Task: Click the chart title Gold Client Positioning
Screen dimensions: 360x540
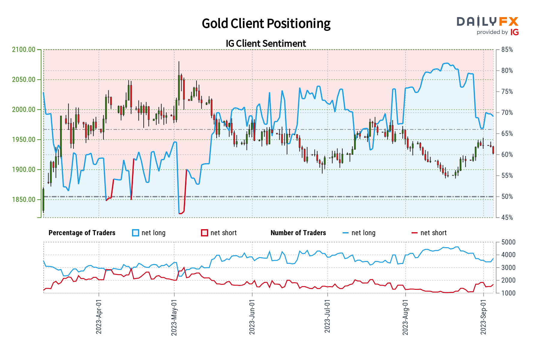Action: point(266,24)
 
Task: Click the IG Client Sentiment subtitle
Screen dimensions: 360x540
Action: point(266,43)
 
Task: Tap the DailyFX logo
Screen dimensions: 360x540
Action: point(487,22)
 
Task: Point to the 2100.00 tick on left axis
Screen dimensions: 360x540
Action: point(24,50)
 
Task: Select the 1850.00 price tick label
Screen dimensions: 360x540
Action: point(24,200)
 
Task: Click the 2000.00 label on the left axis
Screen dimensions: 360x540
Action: point(24,110)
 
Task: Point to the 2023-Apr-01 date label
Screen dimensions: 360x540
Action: point(99,316)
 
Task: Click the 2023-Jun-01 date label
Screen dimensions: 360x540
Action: point(252,316)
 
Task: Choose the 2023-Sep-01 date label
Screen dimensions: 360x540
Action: point(483,316)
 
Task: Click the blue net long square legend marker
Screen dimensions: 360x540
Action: point(136,233)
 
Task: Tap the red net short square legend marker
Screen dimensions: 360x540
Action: point(205,233)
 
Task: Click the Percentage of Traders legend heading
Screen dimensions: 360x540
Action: point(82,233)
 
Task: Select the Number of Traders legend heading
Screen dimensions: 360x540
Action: point(298,233)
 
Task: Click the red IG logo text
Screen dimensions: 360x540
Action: point(514,32)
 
